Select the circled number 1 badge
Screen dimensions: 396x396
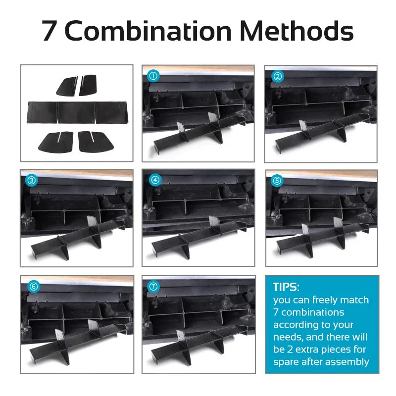(153, 76)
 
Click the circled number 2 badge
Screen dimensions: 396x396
(278, 76)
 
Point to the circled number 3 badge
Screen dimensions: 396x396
(31, 181)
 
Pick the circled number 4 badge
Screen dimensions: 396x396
(155, 181)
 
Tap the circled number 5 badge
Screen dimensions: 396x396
(277, 181)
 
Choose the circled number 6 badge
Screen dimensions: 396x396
(33, 286)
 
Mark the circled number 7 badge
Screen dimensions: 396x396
(154, 286)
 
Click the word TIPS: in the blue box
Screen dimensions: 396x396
(286, 287)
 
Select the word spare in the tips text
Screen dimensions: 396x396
(286, 362)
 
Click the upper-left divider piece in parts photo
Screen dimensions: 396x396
(66, 86)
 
